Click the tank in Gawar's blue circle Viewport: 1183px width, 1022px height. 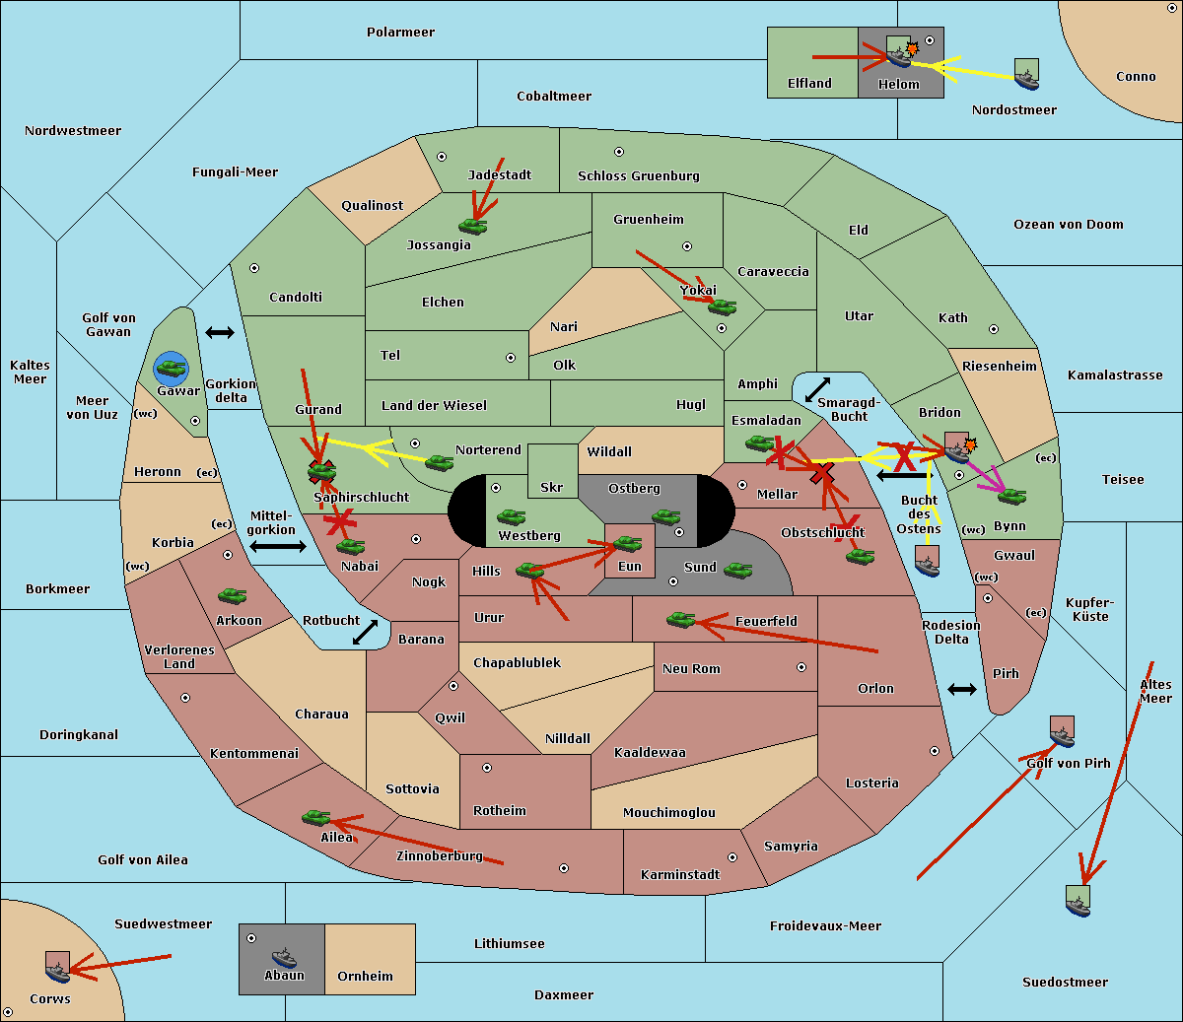[172, 368]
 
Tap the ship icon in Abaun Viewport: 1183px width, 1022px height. [284, 957]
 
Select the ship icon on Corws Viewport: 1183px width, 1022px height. [57, 967]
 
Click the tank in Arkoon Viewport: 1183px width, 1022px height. [232, 595]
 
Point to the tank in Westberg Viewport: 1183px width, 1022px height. [511, 517]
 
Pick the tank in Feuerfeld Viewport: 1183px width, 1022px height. [681, 619]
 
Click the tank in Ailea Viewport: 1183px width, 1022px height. [315, 817]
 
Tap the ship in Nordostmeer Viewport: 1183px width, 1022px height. [1027, 74]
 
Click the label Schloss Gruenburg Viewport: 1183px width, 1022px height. [638, 175]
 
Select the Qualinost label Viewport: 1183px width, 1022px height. [372, 205]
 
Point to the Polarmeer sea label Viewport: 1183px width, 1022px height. [400, 33]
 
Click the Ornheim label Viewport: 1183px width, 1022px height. [365, 976]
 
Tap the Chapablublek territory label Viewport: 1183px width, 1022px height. [517, 662]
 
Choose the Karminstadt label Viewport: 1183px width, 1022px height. [680, 874]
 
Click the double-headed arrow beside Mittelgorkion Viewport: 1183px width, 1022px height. [278, 546]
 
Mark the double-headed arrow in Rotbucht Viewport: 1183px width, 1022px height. [365, 632]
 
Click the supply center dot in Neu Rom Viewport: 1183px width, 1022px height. [801, 667]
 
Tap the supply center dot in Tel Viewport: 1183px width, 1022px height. [511, 358]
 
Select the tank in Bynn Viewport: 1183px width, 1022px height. [1011, 496]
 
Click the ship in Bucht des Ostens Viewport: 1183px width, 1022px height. [927, 561]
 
